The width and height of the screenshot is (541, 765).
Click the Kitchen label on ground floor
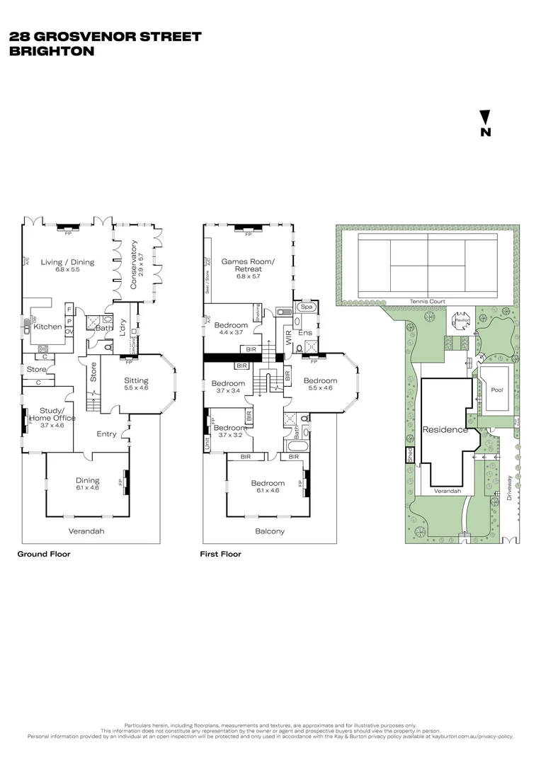point(47,327)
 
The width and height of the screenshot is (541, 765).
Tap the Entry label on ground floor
point(107,434)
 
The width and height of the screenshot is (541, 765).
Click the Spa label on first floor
point(307,307)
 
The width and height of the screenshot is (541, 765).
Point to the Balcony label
point(269,531)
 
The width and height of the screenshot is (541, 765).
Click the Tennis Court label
point(427,302)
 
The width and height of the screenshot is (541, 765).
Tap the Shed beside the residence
point(410,457)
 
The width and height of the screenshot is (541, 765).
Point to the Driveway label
point(511,488)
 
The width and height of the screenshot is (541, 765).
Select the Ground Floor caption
point(44,555)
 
